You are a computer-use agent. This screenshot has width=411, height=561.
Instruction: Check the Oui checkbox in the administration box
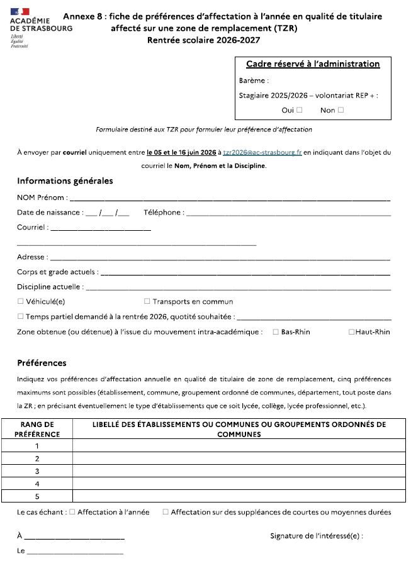299,110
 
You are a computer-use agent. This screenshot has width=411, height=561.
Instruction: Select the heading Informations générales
65,181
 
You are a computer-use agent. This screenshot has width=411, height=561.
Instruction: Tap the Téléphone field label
163,213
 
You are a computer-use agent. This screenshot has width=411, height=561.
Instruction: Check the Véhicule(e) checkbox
21,301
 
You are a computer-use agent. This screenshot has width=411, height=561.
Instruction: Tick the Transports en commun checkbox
147,301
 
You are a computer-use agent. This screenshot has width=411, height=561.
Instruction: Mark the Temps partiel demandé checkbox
21,317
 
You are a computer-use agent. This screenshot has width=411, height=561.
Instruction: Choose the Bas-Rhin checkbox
276,332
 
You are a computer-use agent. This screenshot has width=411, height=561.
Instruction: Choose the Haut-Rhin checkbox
352,332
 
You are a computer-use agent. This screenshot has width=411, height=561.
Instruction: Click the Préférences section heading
42,363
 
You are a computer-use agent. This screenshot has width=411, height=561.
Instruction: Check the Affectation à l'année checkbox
72,513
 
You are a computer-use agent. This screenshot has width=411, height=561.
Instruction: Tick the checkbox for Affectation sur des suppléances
166,513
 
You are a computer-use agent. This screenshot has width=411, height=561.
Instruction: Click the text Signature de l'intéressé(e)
316,536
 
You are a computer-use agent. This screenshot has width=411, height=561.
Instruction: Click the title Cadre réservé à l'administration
313,64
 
